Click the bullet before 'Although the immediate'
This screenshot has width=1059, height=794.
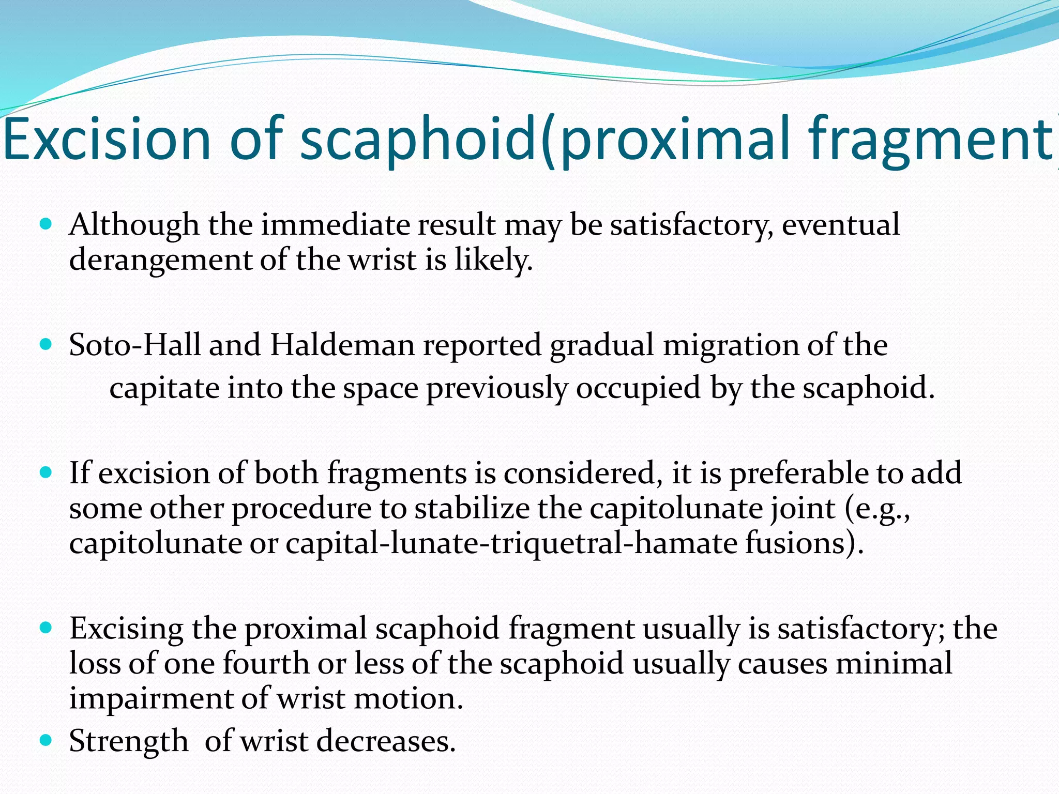46,224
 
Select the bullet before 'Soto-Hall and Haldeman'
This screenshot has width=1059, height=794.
46,344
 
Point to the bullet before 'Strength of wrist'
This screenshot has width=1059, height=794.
46,740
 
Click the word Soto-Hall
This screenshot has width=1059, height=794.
134,345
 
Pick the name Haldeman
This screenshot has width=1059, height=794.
342,345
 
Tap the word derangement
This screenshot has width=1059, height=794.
160,260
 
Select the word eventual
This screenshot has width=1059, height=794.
840,225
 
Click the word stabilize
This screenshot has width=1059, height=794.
472,508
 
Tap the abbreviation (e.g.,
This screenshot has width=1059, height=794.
877,509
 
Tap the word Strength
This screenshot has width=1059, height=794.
129,741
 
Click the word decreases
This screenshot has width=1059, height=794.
386,741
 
